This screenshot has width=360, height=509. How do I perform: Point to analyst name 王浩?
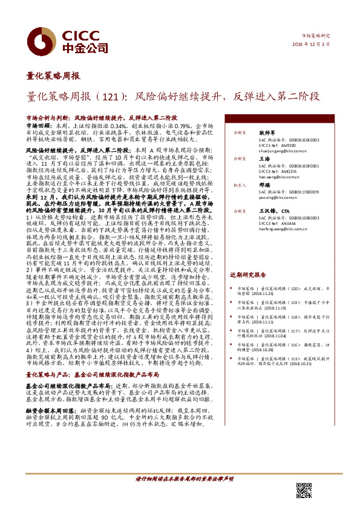click(263, 158)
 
